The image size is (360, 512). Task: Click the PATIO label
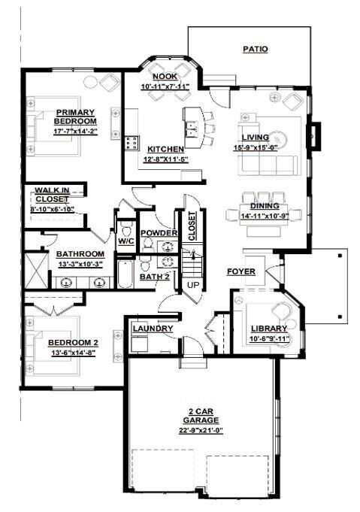pyautogui.click(x=256, y=50)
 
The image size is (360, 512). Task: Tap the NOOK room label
pyautogui.click(x=165, y=77)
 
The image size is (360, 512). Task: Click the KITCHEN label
pyautogui.click(x=165, y=150)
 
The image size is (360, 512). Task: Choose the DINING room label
pyautogui.click(x=265, y=206)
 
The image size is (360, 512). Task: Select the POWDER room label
pyautogui.click(x=159, y=234)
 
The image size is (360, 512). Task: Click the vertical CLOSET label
pyautogui.click(x=192, y=226)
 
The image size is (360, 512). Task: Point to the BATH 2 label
pyautogui.click(x=159, y=277)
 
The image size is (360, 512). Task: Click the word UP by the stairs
pyautogui.click(x=193, y=286)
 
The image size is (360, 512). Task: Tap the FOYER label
pyautogui.click(x=241, y=271)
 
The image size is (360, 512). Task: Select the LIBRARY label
pyautogui.click(x=268, y=329)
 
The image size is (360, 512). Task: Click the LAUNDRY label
pyautogui.click(x=153, y=329)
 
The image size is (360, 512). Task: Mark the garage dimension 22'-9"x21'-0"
pyautogui.click(x=200, y=431)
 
